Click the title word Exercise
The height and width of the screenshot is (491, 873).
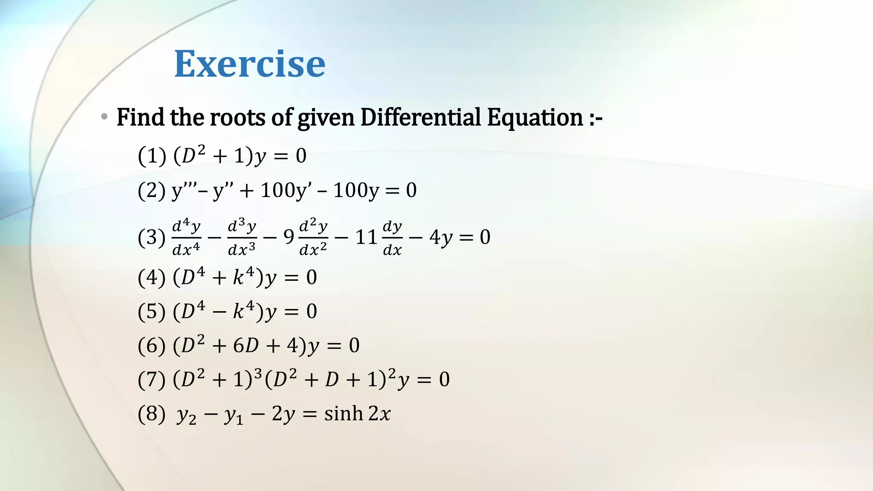coord(249,64)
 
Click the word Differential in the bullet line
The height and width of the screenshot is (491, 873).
coord(420,117)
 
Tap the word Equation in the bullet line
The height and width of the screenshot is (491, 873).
coord(535,117)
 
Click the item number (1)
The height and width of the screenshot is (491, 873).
coord(152,156)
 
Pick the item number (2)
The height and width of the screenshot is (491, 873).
coord(152,190)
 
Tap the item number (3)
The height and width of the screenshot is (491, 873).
coord(152,237)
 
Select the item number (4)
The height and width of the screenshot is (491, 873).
coord(152,277)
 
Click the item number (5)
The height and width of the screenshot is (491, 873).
coord(152,312)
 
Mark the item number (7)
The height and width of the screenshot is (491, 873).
coord(152,379)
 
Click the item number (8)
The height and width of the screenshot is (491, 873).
coord(152,413)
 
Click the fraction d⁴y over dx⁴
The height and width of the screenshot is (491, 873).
coord(186,237)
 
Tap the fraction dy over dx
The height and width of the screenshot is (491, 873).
coord(392,237)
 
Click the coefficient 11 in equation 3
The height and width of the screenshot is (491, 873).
coord(366,237)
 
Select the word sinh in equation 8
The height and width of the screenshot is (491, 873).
coord(344,413)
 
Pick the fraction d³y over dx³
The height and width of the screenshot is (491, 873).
coord(242,237)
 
